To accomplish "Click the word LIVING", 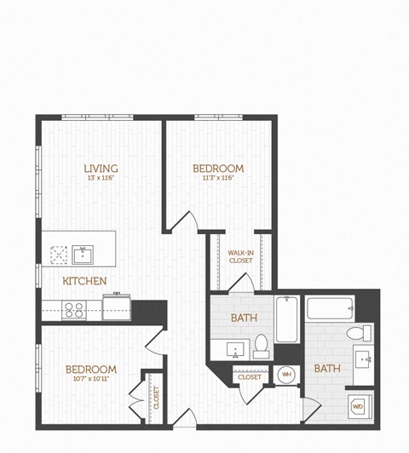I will tap(101, 169).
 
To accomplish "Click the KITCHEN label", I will tap(84, 281).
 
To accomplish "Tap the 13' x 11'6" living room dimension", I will tap(101, 178).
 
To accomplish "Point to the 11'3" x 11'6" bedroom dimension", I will tap(218, 178).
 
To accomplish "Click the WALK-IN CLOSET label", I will tap(239, 256).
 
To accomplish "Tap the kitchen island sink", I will tap(84, 253).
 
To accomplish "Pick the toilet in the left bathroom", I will tap(262, 345).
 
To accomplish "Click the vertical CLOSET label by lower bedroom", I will tap(156, 397).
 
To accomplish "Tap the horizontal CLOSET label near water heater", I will tap(250, 376).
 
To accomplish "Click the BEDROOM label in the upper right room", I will tap(218, 169).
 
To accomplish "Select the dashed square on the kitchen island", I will tap(59, 253).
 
